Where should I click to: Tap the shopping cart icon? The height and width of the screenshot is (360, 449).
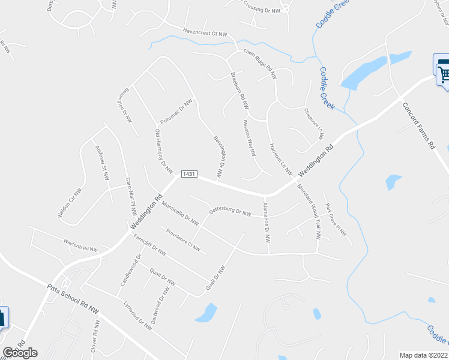pos(443,73)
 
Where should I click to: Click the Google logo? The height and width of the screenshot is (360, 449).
pos(20,353)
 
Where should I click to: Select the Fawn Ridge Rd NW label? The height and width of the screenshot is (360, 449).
pos(259,65)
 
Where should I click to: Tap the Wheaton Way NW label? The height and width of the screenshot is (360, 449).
pos(249,137)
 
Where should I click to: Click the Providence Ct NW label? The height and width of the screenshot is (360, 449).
pos(183,239)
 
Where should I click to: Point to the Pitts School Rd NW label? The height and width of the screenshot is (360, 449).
pos(73,299)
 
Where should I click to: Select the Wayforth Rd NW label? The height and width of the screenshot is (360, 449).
pos(80,245)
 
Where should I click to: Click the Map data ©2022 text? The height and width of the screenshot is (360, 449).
pos(424,355)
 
